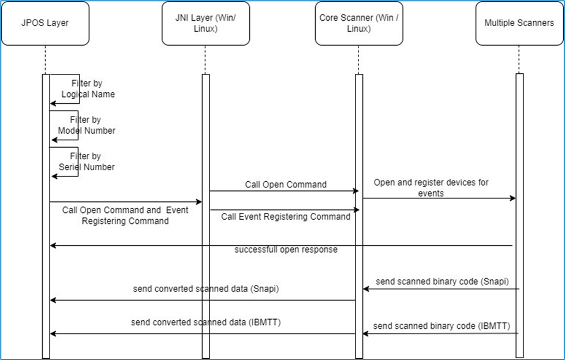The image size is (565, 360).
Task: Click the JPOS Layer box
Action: (x=45, y=23)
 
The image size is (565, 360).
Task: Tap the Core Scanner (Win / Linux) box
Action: (x=358, y=23)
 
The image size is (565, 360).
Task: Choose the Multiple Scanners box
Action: (x=519, y=23)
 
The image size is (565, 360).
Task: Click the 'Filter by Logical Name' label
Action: (x=88, y=89)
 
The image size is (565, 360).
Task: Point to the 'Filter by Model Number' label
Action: (x=87, y=125)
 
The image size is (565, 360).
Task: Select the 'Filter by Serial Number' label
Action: (x=87, y=162)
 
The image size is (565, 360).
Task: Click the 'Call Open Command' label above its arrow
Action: (x=286, y=185)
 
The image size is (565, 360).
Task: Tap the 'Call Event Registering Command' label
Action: (x=286, y=216)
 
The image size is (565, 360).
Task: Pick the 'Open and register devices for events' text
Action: (x=431, y=187)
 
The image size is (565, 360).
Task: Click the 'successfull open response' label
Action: (x=286, y=250)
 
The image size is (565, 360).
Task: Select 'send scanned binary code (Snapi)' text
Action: (x=442, y=282)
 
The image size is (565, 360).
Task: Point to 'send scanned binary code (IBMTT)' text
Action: (x=441, y=326)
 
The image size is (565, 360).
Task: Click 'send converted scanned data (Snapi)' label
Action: (x=206, y=289)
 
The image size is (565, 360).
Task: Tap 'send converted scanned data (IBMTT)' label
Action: (x=206, y=322)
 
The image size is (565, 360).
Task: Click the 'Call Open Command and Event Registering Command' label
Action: (x=125, y=215)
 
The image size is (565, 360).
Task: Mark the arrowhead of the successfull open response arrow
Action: (x=53, y=246)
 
